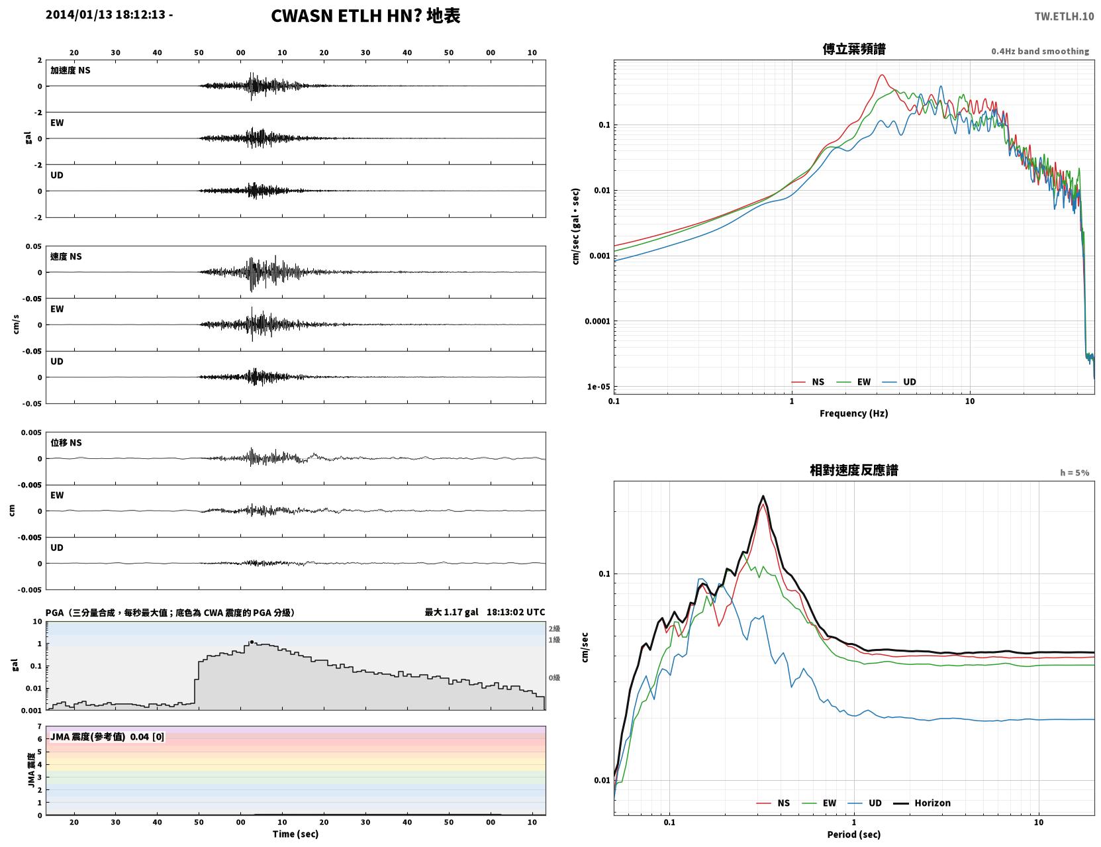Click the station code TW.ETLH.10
coord(1064,16)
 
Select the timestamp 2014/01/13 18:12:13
coord(106,14)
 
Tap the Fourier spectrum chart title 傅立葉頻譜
coord(854,49)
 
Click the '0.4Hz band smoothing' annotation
coord(1040,51)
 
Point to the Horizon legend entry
coord(922,803)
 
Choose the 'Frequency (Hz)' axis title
coord(854,413)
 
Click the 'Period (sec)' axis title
coord(854,834)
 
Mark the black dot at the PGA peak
coord(252,642)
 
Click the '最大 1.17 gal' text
coord(452,612)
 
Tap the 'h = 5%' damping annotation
coord(1075,473)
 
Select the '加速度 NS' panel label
coord(70,70)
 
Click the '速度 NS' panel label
coord(66,256)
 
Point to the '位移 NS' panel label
coord(66,443)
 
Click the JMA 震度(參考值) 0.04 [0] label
coord(107,736)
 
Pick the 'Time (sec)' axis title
coord(295,834)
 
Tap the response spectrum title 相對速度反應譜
coord(854,470)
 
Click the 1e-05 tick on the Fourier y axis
coord(598,387)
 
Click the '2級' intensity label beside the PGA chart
coord(554,628)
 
